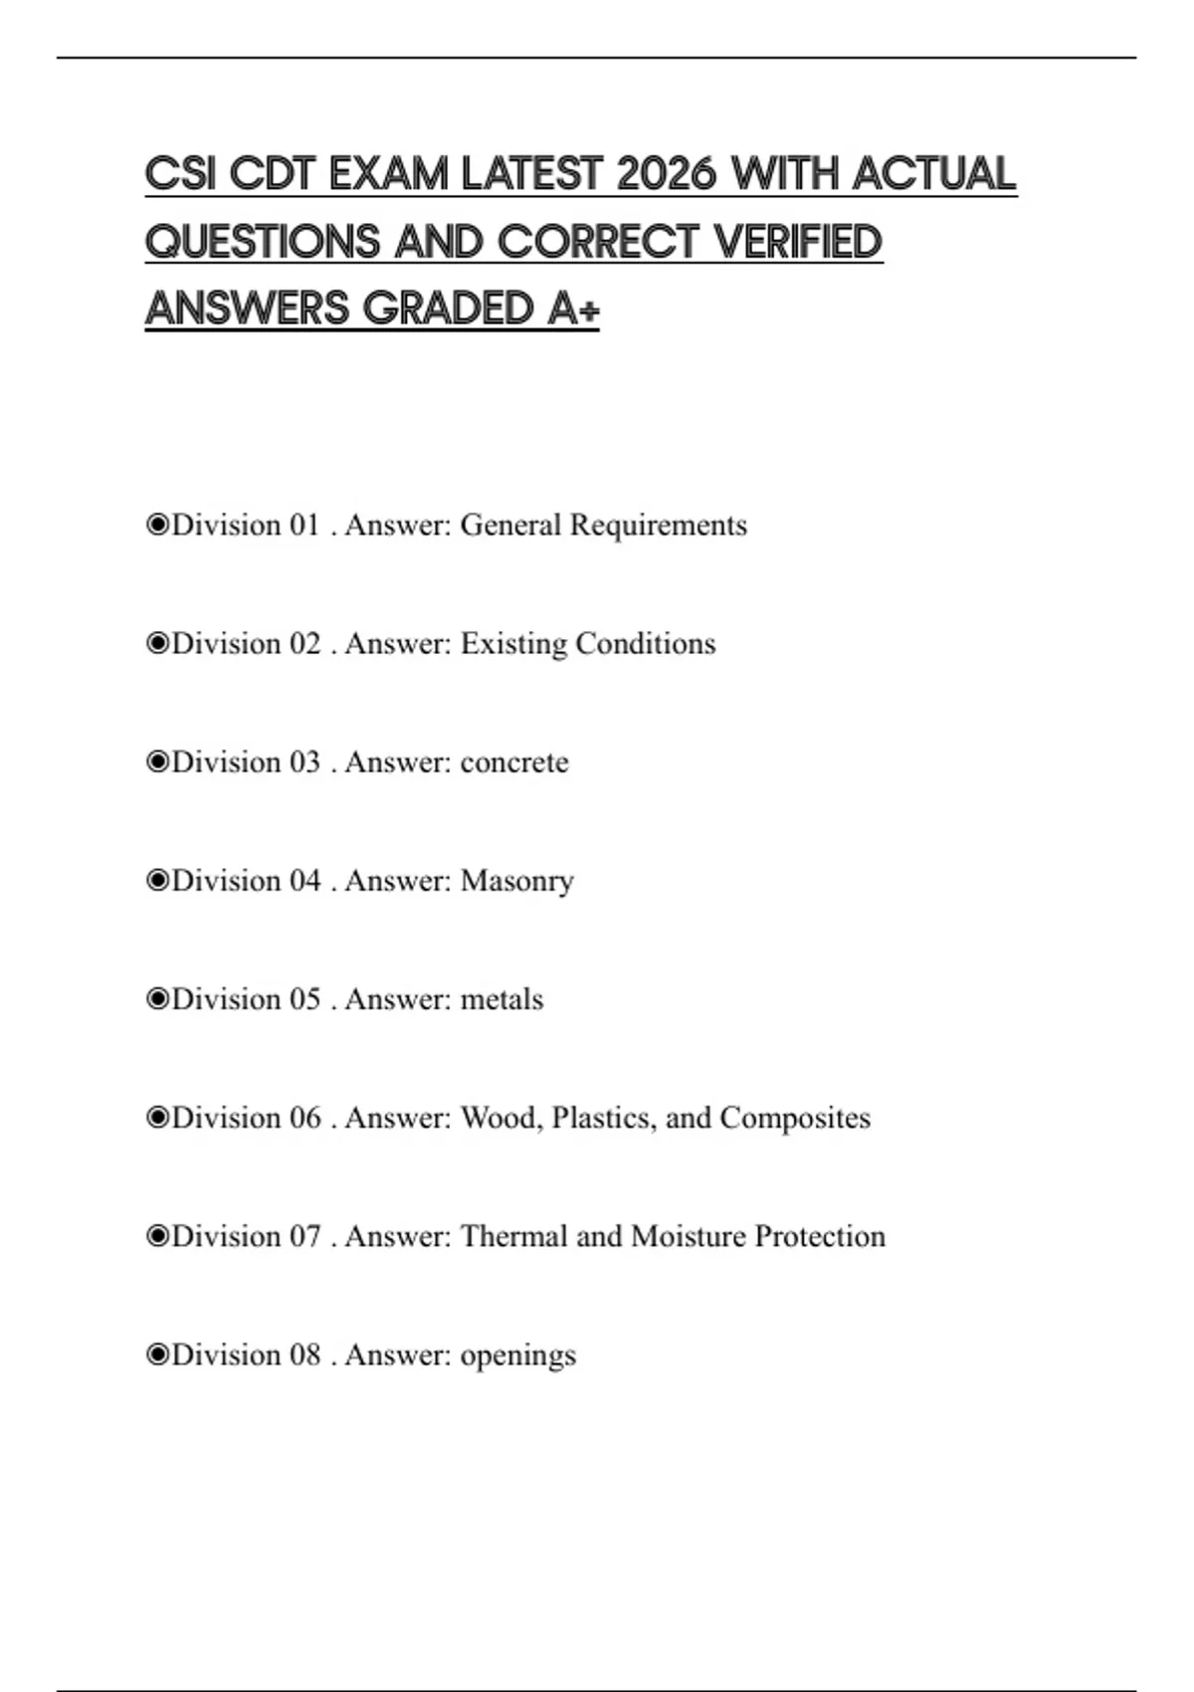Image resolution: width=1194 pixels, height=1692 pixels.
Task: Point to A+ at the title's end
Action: click(x=573, y=309)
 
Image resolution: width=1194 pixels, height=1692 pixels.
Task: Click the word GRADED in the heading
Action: click(x=449, y=309)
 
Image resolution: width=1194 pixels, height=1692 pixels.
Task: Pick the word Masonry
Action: click(x=517, y=881)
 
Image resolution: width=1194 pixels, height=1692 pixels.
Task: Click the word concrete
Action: click(x=514, y=762)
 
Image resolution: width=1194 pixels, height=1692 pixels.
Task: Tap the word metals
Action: click(x=501, y=999)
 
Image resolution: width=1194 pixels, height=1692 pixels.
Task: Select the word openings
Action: click(x=518, y=1356)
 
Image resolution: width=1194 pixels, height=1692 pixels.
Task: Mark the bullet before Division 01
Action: click(x=156, y=526)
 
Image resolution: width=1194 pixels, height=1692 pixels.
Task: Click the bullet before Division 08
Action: click(x=156, y=1356)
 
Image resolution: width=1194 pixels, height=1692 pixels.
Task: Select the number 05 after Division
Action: click(x=305, y=999)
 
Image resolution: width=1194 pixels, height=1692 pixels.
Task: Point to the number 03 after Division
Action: click(x=305, y=762)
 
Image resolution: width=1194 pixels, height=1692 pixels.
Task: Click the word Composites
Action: click(x=795, y=1118)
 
